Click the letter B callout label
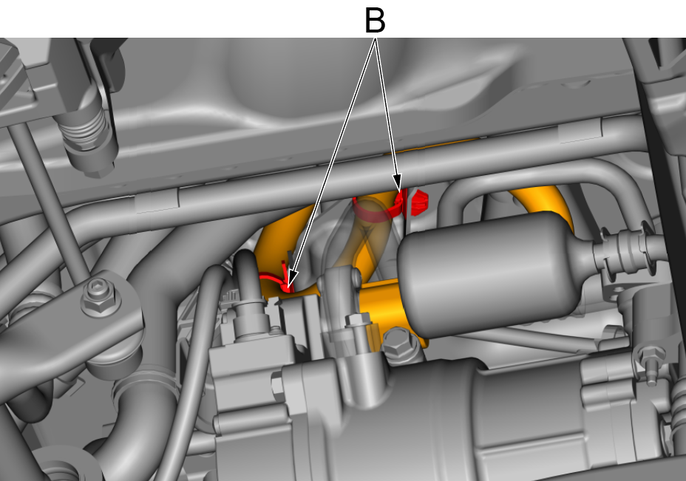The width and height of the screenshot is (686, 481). pos(375,21)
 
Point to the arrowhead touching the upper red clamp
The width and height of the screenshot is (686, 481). pos(397,182)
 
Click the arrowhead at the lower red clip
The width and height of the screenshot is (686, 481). pos(292,279)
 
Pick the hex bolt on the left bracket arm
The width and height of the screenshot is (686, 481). pos(101,297)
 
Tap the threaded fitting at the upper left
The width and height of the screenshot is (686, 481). pos(87,132)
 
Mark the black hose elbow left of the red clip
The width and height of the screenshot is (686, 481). pos(246,276)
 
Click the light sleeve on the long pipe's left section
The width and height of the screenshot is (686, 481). pos(157,201)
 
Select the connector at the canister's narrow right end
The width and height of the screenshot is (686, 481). pos(623,250)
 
